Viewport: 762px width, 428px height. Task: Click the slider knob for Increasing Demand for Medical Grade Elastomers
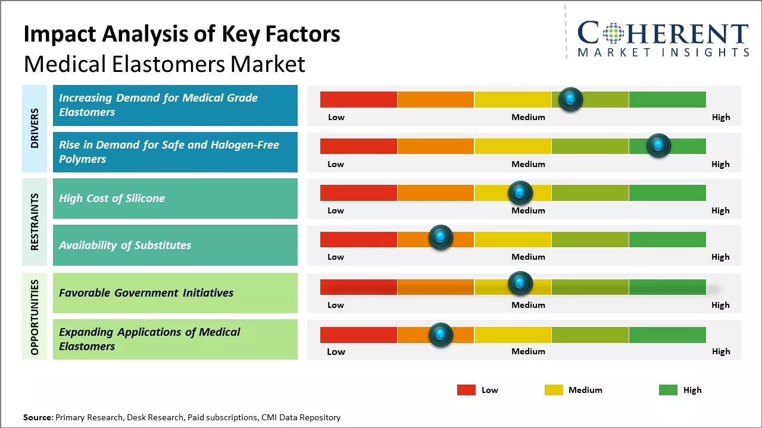[570, 99]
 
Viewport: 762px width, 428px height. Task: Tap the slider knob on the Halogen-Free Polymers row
[658, 146]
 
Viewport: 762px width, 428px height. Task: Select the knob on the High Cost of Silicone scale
[520, 193]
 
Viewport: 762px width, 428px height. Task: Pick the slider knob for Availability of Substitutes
[441, 237]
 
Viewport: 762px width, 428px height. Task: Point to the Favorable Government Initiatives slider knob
[520, 283]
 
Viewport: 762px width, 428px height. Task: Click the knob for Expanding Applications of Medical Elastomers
[441, 335]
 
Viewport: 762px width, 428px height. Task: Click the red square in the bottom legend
[466, 390]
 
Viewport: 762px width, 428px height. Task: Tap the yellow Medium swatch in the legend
[554, 390]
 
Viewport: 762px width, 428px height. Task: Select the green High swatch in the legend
[668, 390]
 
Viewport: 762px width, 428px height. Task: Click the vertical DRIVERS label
[35, 128]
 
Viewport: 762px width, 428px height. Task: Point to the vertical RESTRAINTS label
[35, 222]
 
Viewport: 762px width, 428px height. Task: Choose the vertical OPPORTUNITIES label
[35, 317]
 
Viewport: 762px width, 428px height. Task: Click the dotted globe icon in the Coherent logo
[613, 33]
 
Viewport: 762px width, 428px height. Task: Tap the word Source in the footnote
[38, 417]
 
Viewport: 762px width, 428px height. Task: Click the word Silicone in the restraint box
[145, 198]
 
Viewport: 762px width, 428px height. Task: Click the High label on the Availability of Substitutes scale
[720, 257]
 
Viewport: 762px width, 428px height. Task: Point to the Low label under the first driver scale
[336, 117]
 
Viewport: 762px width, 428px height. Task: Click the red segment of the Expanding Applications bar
[358, 335]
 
